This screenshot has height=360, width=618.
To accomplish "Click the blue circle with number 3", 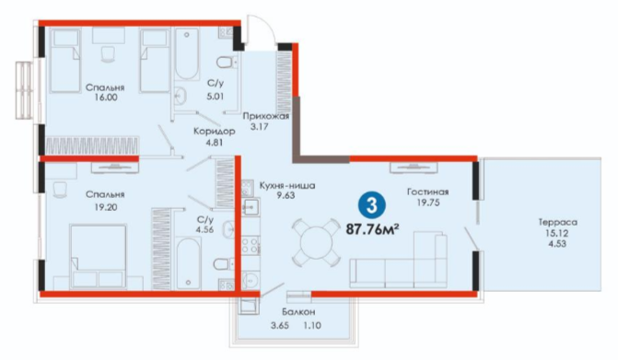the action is pyautogui.click(x=372, y=206).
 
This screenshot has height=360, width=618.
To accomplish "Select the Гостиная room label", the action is pyautogui.click(x=427, y=192).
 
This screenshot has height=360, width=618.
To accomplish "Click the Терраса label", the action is pyautogui.click(x=558, y=223).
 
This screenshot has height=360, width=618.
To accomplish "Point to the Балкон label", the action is pyautogui.click(x=298, y=312).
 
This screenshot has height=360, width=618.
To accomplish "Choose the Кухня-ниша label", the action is pyautogui.click(x=287, y=185).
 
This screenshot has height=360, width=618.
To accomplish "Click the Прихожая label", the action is pyautogui.click(x=266, y=117).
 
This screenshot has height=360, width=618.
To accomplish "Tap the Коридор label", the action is pyautogui.click(x=215, y=131).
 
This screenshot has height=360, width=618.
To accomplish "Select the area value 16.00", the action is pyautogui.click(x=106, y=98).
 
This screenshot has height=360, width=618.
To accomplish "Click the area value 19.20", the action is pyautogui.click(x=106, y=207).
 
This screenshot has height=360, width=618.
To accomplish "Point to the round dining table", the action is pyautogui.click(x=316, y=242).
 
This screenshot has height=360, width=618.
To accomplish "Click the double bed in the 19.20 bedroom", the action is pyautogui.click(x=99, y=257).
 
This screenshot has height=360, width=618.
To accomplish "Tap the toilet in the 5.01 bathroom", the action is pyautogui.click(x=227, y=63).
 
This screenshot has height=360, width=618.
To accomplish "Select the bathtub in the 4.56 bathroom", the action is pyautogui.click(x=189, y=262).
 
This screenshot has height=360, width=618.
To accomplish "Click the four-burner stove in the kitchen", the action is pyautogui.click(x=251, y=245).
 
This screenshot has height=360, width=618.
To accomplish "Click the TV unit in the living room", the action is pyautogui.click(x=414, y=168).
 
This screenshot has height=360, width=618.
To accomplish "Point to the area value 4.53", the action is pyautogui.click(x=557, y=244).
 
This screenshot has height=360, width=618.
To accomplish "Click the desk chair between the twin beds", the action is pyautogui.click(x=107, y=54).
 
